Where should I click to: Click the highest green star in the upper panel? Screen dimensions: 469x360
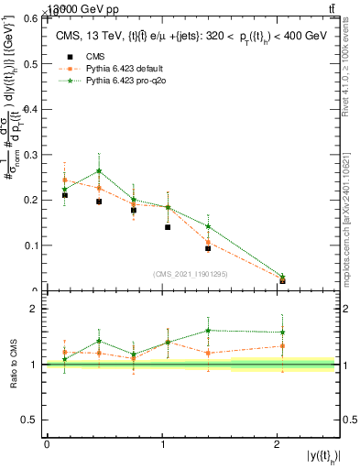click(99, 171)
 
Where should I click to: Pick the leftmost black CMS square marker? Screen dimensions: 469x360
click(64, 195)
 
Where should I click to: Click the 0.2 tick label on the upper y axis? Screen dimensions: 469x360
click(31, 200)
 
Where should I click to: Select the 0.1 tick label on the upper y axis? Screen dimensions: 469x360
click(31, 245)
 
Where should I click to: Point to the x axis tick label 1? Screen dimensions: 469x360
click(162, 445)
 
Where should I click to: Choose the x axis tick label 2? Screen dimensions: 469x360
click(277, 445)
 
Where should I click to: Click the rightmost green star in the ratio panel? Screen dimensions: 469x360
click(282, 333)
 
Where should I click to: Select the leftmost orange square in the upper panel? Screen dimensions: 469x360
click(64, 180)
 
